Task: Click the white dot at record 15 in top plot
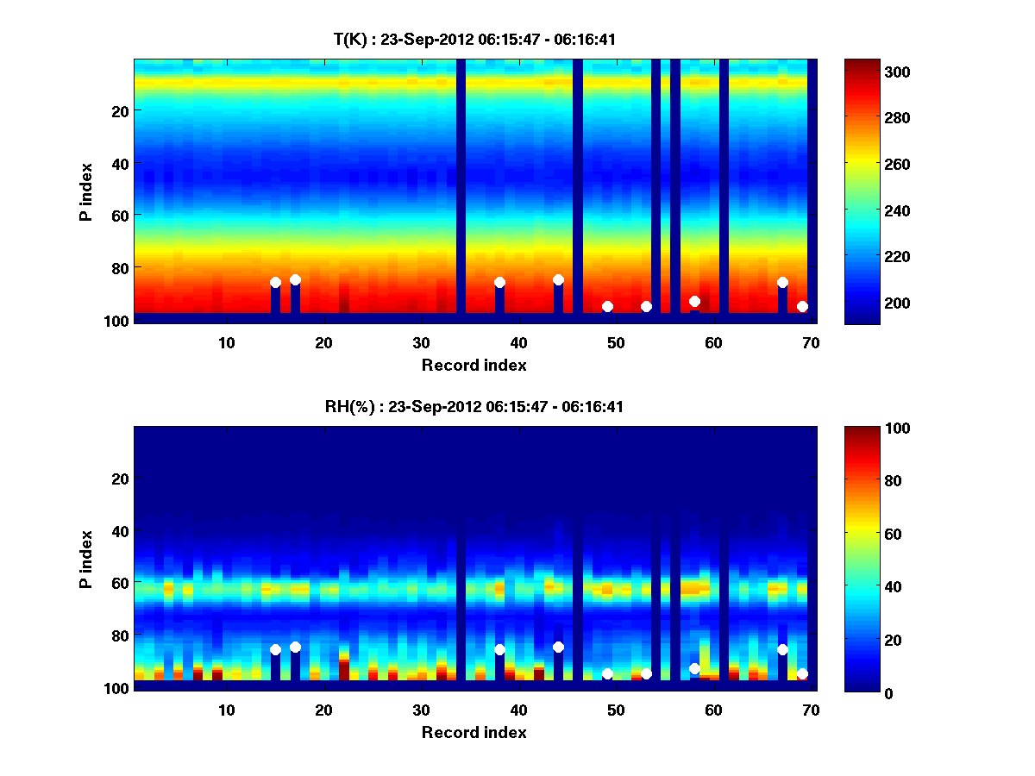[275, 282]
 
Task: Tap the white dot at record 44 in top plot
[558, 279]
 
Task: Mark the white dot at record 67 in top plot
[782, 282]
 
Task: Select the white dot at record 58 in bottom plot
[694, 668]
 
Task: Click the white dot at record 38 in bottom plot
[499, 649]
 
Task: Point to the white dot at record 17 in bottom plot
[295, 647]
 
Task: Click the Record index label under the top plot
[474, 365]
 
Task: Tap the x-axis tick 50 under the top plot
[616, 342]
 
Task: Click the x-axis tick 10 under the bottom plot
[226, 710]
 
